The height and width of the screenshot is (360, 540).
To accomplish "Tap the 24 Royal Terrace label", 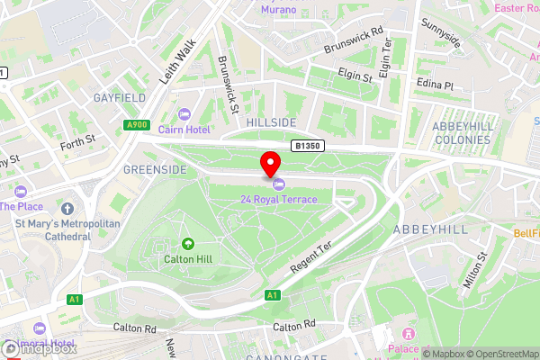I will point(278,199).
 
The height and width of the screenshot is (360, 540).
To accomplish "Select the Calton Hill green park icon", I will point(188,243).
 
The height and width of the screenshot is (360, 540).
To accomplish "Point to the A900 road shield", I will point(138,125).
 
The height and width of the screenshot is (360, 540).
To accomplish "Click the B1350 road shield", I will point(306,145).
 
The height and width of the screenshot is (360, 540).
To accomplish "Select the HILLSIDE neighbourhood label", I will point(272,122).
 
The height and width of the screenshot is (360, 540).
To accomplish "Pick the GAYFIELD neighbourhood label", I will point(119,96).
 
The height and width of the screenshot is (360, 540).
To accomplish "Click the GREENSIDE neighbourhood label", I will point(154,169).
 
